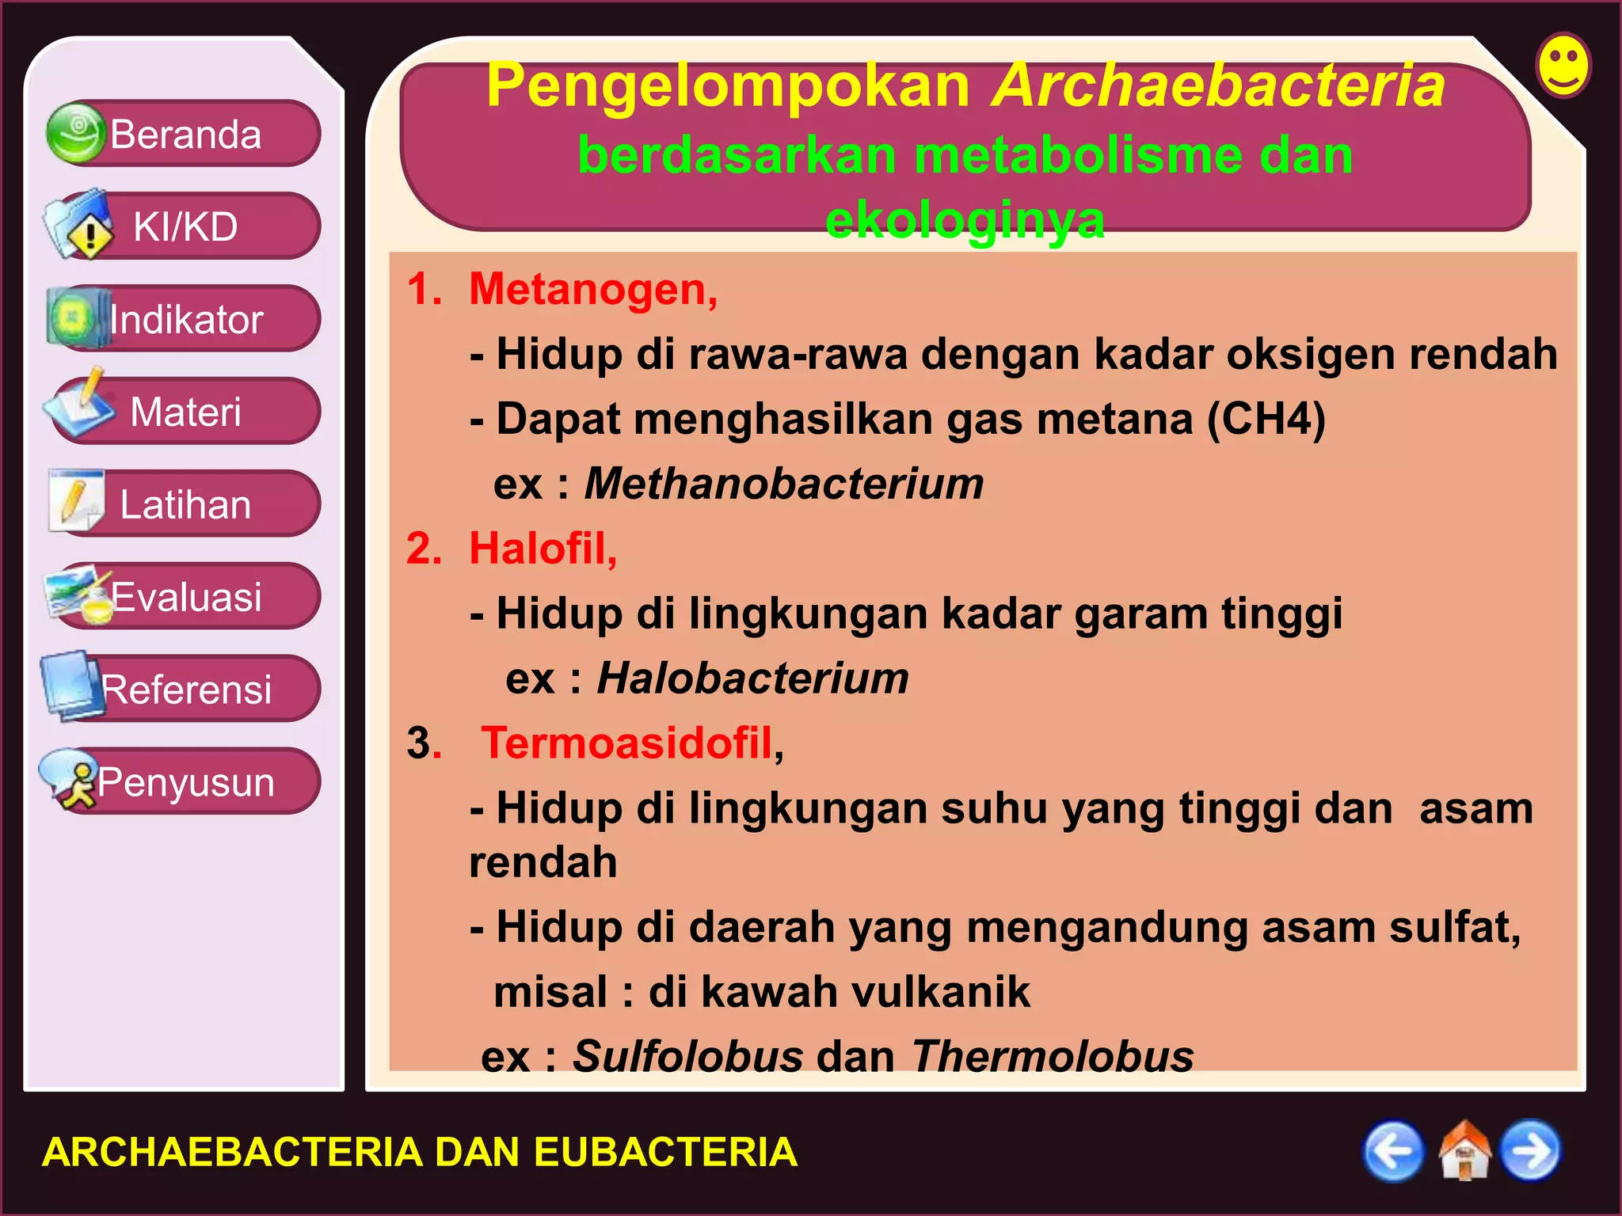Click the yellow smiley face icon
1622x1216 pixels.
1563,66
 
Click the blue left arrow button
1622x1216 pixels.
1393,1151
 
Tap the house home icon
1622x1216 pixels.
1464,1151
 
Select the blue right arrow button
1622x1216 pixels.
1531,1151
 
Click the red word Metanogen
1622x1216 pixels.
592,289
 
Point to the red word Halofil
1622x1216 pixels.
542,548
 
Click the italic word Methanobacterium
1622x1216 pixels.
783,483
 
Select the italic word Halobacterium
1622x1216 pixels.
752,678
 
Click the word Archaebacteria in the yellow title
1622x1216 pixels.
1218,85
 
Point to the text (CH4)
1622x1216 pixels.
1266,419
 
